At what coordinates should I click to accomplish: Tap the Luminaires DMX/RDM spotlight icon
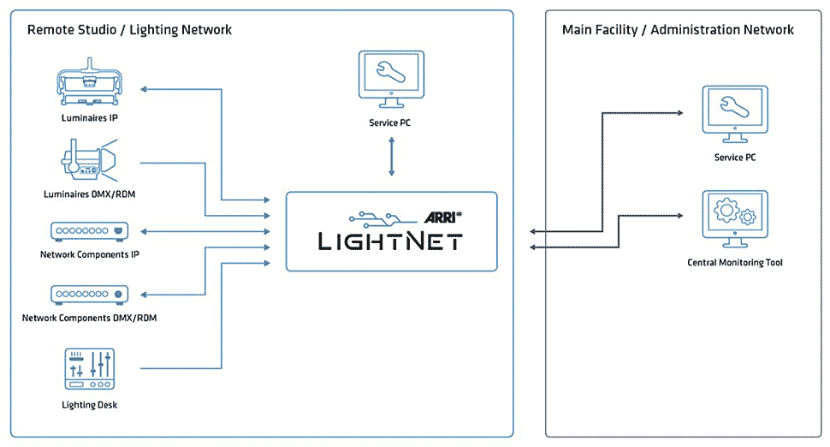tap(89, 160)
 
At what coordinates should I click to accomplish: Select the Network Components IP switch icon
tap(90, 231)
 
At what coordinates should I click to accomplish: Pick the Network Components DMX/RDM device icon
tap(90, 295)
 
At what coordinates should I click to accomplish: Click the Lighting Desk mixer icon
tap(90, 369)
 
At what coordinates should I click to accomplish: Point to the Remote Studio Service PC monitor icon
tap(391, 80)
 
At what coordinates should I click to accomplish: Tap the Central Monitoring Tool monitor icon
tap(735, 219)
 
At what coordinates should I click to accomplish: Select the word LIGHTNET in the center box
tap(390, 241)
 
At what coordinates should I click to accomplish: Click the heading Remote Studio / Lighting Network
tap(130, 30)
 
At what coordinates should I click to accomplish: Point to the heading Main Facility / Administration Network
tap(678, 30)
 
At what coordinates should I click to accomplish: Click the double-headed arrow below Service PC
tap(392, 157)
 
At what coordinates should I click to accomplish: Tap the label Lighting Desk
tap(90, 405)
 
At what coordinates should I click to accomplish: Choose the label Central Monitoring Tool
tap(735, 262)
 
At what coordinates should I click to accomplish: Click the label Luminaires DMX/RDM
tap(90, 194)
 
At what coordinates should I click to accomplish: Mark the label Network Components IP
tap(90, 254)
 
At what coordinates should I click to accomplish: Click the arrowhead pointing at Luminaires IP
tap(144, 89)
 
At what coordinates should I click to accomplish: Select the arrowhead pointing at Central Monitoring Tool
tap(679, 216)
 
